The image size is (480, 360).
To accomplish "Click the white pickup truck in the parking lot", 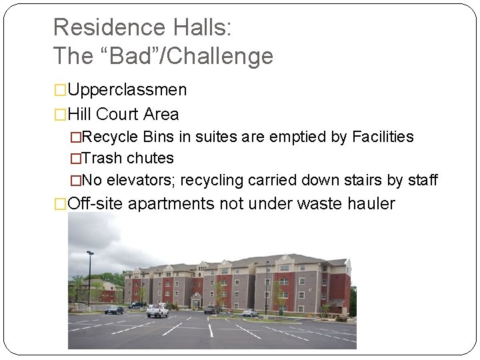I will (157, 310).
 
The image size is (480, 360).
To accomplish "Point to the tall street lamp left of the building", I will (90, 277).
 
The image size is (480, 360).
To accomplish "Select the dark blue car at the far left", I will (114, 309).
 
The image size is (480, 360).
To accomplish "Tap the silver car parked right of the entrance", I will (250, 312).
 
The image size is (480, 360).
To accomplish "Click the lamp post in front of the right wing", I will (267, 287).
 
